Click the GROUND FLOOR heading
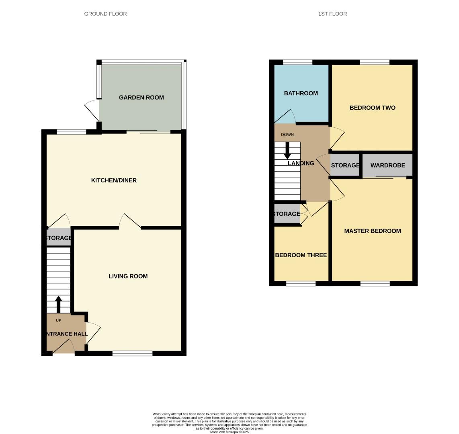105,14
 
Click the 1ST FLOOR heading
332,14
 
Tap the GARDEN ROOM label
141,97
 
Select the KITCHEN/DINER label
114,180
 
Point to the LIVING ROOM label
128,276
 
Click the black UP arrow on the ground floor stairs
58,304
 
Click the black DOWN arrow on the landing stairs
287,151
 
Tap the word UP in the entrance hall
59,320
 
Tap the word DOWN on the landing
287,135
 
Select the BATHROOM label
301,93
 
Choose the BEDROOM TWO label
372,108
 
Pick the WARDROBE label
387,165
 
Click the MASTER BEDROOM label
372,231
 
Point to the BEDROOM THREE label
301,255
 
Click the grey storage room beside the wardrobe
345,165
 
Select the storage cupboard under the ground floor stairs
58,238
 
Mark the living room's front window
132,353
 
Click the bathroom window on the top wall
297,62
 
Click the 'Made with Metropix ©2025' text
229,432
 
